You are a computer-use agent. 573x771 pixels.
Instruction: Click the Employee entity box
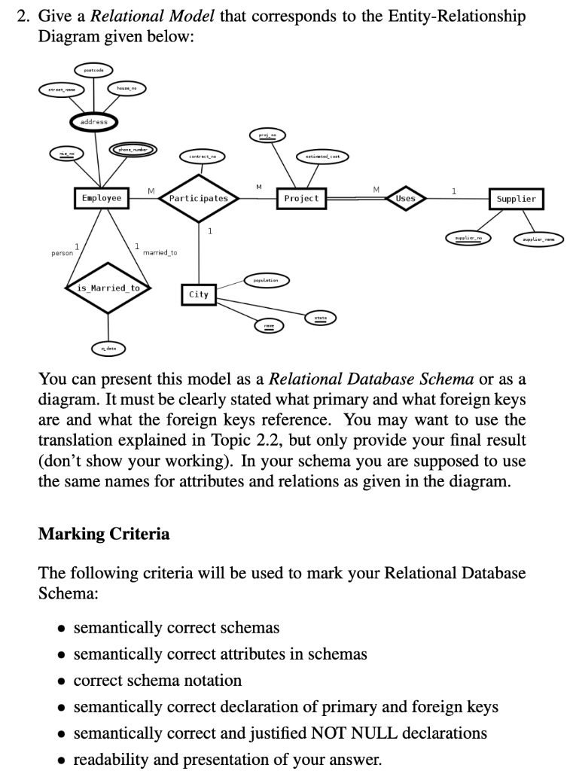pos(101,198)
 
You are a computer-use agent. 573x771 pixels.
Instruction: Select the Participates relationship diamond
pos(199,199)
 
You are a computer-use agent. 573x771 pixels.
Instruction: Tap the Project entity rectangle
pos(301,198)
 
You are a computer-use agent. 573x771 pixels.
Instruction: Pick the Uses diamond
pos(405,198)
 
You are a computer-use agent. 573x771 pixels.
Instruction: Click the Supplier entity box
pos(517,199)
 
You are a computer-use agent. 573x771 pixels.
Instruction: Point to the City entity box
pos(199,294)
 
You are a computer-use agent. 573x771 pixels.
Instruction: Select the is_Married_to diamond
pos(108,288)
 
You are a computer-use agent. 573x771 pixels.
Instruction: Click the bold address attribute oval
pos(94,122)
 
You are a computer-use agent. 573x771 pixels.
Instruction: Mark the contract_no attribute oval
pos(203,156)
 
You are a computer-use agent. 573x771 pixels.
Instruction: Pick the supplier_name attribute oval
pos(538,239)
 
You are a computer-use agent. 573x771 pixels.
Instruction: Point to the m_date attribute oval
pos(108,349)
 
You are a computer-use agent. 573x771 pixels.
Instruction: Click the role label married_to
pos(160,253)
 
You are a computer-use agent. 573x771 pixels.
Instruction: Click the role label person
pos(62,253)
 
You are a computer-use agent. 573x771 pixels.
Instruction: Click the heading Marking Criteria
pos(104,535)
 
